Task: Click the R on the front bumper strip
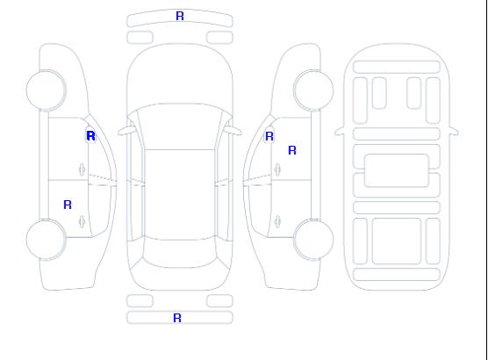click(x=180, y=16)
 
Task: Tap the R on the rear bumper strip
click(x=177, y=318)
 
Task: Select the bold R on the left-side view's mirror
click(x=90, y=136)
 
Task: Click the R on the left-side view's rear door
click(x=68, y=205)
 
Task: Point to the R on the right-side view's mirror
click(x=269, y=136)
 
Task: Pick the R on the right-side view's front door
click(x=292, y=150)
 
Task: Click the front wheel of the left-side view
click(x=46, y=90)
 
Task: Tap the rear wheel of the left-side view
click(x=46, y=240)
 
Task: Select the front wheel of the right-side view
click(x=313, y=90)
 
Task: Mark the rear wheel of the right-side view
click(x=313, y=240)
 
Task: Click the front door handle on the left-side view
click(x=82, y=169)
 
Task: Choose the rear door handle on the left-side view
click(x=82, y=221)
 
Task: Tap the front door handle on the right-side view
click(x=277, y=169)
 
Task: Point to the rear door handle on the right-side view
click(x=277, y=221)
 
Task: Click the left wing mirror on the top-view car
click(x=126, y=131)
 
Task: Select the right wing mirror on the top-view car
click(x=233, y=131)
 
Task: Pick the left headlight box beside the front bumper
click(x=140, y=38)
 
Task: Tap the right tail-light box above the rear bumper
click(x=219, y=301)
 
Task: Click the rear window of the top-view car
click(x=180, y=253)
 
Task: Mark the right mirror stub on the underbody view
click(x=454, y=131)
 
